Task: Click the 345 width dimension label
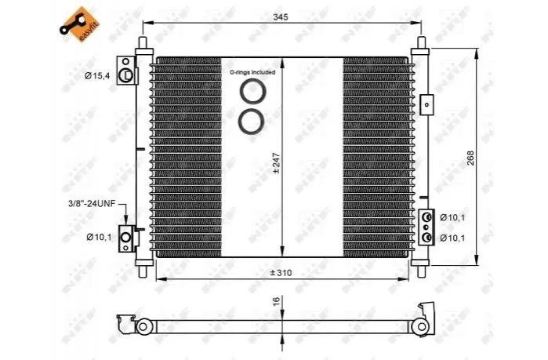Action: pyautogui.click(x=281, y=17)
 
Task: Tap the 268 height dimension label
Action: pyautogui.click(x=470, y=158)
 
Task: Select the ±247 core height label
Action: pyautogui.click(x=277, y=163)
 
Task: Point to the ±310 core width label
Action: pyautogui.click(x=281, y=273)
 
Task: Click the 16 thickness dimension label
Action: pyautogui.click(x=276, y=300)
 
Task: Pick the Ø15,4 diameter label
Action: pyautogui.click(x=96, y=75)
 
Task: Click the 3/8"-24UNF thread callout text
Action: pyautogui.click(x=92, y=204)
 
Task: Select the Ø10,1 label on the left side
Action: pyautogui.click(x=99, y=237)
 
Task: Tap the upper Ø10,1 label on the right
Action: pyautogui.click(x=452, y=218)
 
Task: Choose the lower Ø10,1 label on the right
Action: pyautogui.click(x=452, y=238)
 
